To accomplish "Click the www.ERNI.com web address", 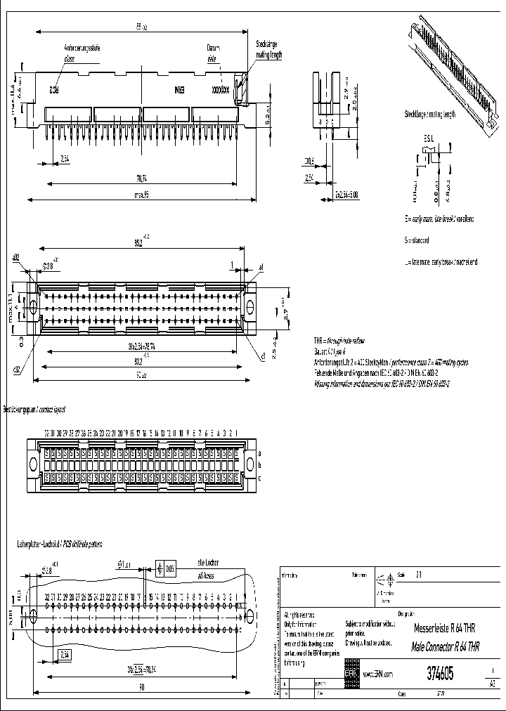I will click(x=377, y=674).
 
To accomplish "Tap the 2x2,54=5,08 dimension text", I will click(x=349, y=193).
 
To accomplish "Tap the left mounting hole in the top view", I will click(x=31, y=304).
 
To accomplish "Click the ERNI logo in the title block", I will click(x=351, y=673).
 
